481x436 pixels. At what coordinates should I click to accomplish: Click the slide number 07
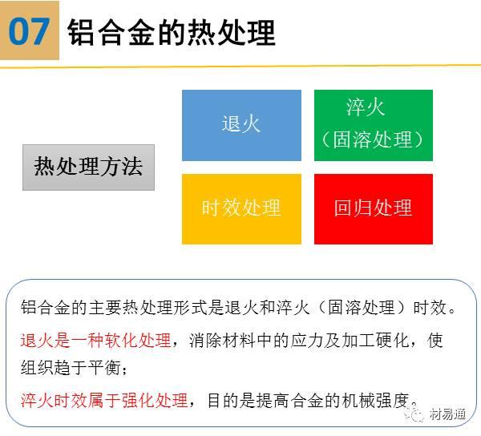point(29,31)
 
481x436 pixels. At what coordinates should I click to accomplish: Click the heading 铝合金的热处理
point(172,32)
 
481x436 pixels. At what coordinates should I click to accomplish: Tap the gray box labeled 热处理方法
point(88,168)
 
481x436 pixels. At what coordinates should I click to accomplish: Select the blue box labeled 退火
point(241,125)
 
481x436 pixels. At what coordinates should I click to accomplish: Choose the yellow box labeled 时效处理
point(241,209)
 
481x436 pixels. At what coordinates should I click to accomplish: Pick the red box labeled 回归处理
point(374,209)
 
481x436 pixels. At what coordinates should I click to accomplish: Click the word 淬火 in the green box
point(365,107)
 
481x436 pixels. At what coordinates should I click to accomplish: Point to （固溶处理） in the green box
point(373,139)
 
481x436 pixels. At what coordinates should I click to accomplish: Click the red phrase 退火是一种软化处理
point(95,341)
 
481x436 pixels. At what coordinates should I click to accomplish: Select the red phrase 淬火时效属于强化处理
point(104,400)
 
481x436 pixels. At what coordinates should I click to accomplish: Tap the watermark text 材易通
point(447,414)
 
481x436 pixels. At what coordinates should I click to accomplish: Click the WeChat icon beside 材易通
point(414,413)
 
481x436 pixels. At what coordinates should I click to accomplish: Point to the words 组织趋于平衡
point(71,367)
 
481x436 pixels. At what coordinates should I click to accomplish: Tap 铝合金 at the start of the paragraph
point(46,307)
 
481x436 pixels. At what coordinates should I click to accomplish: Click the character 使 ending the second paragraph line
point(435,341)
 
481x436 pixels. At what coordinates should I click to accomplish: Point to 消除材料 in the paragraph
point(222,341)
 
